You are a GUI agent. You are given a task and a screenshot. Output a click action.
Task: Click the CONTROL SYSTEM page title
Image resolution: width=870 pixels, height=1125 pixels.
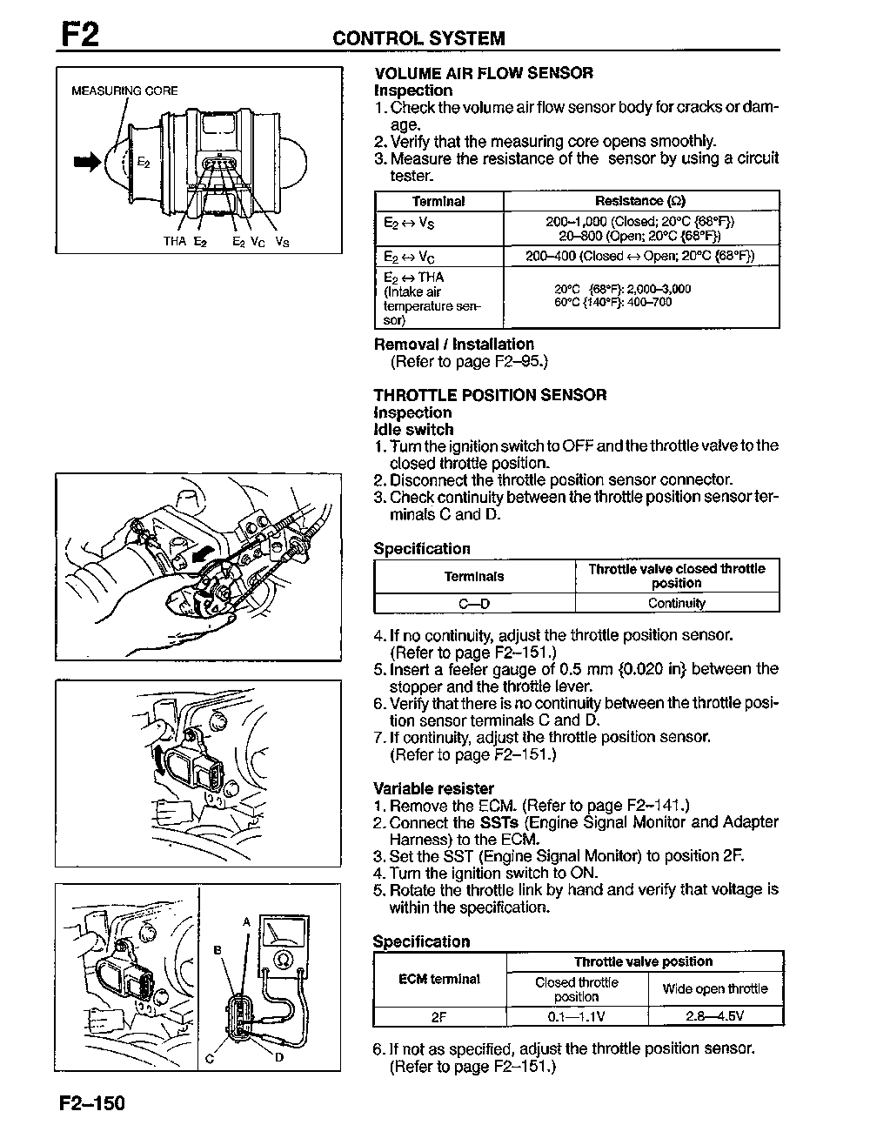point(418,38)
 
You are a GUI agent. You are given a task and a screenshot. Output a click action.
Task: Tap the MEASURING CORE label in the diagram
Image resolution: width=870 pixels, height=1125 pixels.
point(124,90)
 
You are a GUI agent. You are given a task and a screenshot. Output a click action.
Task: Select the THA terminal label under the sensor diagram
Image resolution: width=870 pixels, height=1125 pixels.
point(174,241)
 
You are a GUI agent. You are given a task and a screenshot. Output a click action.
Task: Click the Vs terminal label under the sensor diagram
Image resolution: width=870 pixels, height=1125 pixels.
point(282,241)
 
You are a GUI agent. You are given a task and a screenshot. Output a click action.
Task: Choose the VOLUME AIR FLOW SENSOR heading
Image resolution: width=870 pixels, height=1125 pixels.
point(484,73)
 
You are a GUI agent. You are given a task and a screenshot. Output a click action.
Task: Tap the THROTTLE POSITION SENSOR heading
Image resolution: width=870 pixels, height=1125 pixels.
point(490,395)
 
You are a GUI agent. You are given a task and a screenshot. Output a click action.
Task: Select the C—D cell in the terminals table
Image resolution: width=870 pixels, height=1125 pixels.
point(474,603)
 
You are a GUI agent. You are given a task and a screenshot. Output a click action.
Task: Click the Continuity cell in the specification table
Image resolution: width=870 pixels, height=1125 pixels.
point(677,603)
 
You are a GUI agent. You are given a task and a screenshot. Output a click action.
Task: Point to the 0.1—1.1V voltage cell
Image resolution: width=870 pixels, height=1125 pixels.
point(577,1016)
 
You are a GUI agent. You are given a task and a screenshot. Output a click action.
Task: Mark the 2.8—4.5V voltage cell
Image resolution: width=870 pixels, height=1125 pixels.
point(715,1016)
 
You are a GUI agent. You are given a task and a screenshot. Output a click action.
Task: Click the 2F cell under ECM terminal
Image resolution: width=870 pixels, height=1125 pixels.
point(439,1016)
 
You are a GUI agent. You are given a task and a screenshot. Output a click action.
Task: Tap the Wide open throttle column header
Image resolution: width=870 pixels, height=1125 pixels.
point(715,988)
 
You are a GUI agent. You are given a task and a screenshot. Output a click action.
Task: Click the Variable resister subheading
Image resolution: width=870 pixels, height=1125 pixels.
point(433,788)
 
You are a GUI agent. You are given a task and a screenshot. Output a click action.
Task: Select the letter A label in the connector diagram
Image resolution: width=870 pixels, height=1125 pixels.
point(246,921)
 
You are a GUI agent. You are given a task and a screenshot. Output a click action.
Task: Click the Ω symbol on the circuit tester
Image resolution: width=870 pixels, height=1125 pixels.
point(283,959)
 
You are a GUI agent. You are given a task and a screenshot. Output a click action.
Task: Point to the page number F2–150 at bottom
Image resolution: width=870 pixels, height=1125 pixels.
point(92,1104)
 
